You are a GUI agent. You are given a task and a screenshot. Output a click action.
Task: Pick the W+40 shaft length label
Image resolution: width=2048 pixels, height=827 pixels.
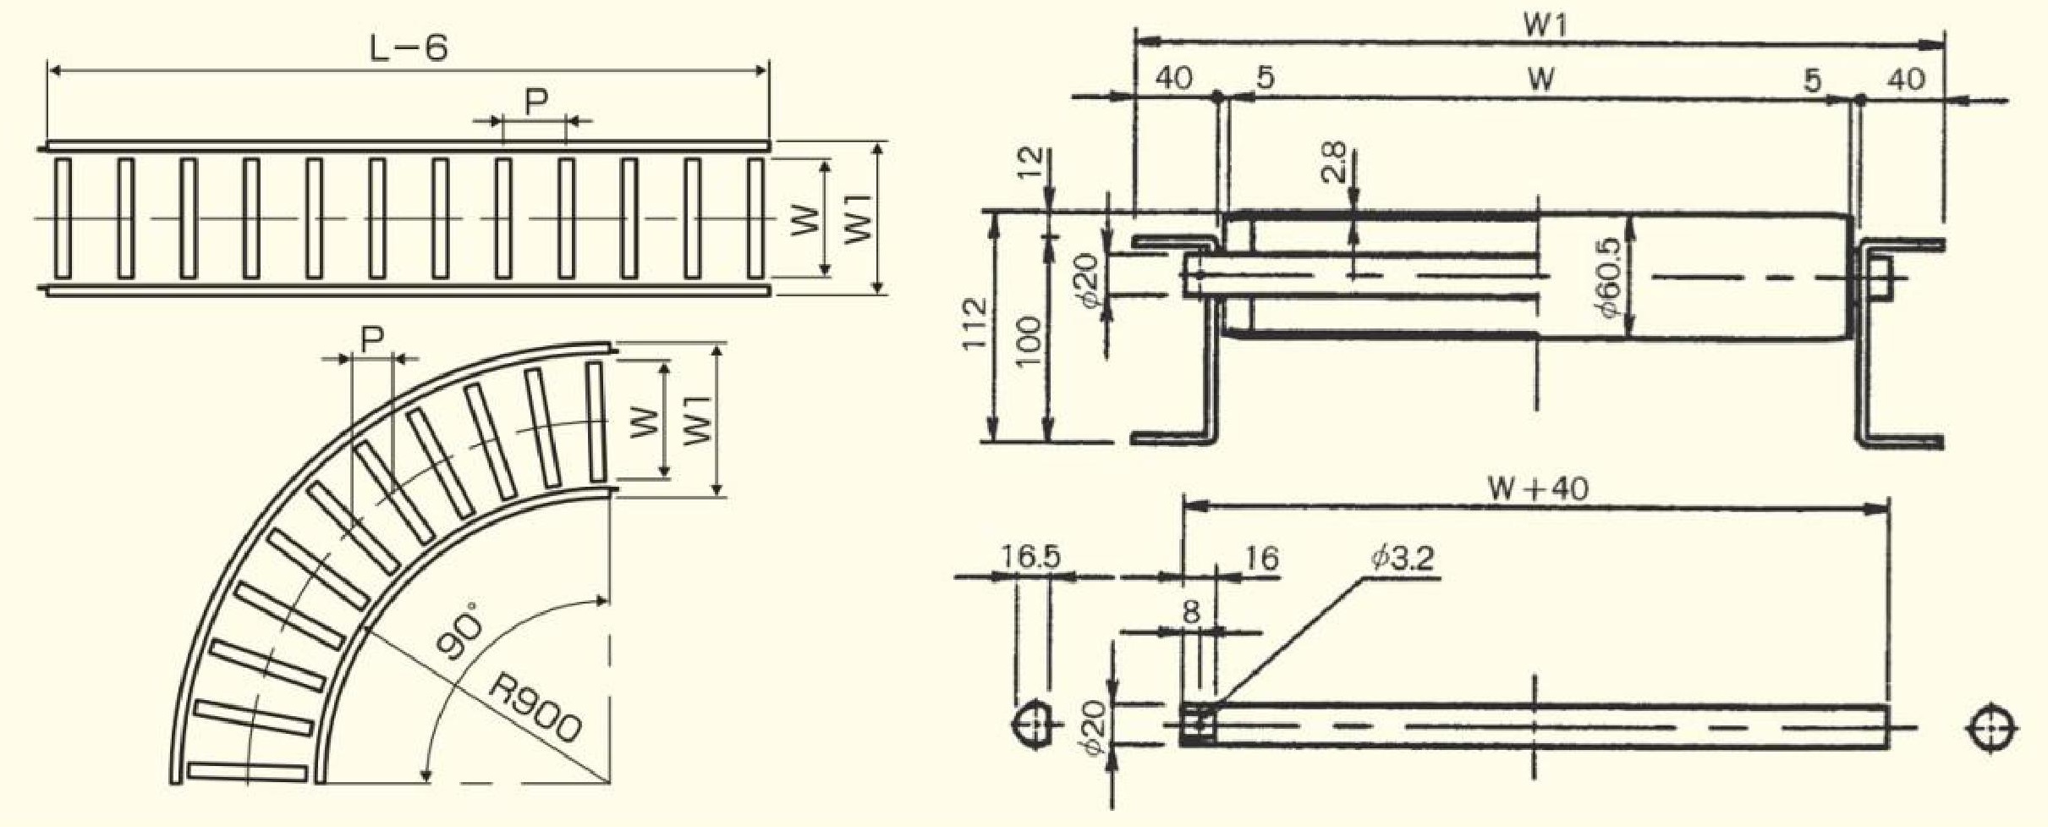click(1538, 488)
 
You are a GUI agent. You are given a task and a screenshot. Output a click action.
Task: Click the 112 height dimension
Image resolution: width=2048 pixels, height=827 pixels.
click(975, 323)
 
